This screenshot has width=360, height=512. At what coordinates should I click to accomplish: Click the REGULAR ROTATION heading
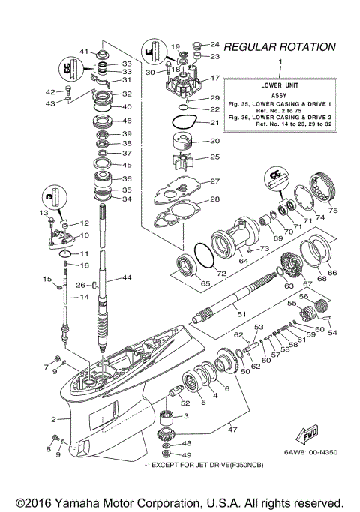pos(279,47)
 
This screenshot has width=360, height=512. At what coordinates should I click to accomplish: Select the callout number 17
pos(214,78)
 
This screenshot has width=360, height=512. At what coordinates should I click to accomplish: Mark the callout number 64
pos(243,262)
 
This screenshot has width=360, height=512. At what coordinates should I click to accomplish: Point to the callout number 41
pos(84,52)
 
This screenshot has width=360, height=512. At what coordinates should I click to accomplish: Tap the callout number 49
pos(187,455)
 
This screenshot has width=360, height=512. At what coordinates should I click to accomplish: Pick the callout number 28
pos(214,199)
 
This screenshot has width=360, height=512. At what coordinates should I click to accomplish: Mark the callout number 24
pos(214,44)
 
